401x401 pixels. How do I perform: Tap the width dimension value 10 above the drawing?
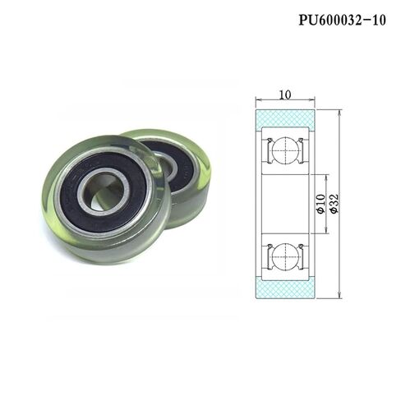[x=284, y=94]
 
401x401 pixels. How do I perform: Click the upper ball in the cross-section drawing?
[x=285, y=153]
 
